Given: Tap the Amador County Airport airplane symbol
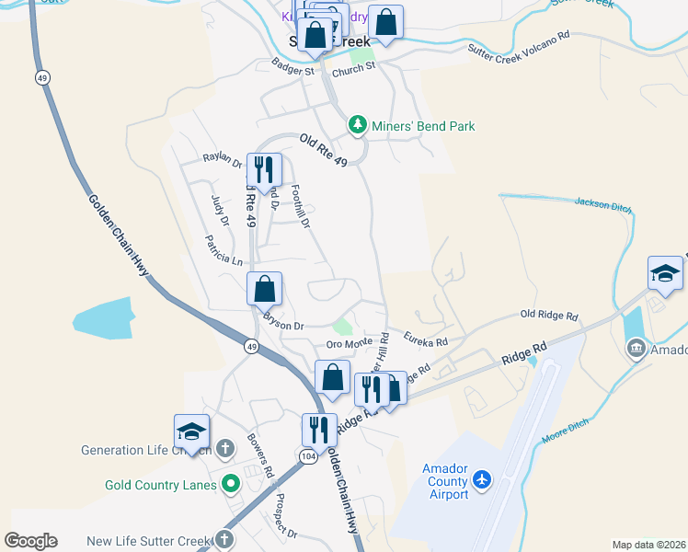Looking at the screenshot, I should [483, 479].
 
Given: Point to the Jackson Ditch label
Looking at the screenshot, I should [602, 204].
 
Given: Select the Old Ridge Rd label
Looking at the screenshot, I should [548, 316].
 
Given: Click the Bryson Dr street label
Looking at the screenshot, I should [283, 324].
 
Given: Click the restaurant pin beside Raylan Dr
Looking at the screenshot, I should [264, 169].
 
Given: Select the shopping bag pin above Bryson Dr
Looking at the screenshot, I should [264, 289].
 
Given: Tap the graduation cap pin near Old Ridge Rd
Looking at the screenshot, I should [665, 273].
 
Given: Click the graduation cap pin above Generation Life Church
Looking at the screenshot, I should [191, 431].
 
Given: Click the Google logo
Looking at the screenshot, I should [30, 541].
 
